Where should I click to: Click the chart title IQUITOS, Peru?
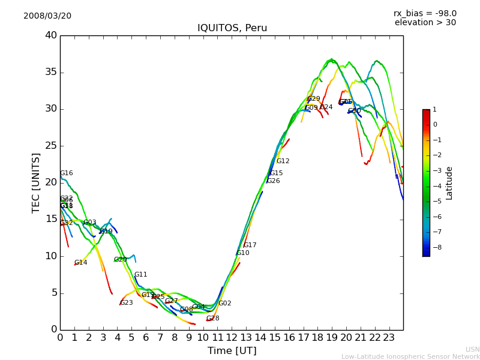[232, 28]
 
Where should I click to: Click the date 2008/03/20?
[47, 16]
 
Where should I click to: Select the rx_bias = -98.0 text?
[425, 13]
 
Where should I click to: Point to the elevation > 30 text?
[425, 23]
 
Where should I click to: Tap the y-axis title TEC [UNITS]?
[36, 182]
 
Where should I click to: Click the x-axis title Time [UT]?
[232, 350]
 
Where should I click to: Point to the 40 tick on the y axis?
[51, 35]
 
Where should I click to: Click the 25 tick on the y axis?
[51, 146]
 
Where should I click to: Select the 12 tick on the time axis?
[232, 337]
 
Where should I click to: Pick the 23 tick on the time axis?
[389, 337]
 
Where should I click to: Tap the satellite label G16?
[66, 173]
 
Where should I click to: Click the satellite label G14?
[80, 263]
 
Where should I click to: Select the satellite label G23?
[127, 303]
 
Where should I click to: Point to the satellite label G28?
[212, 319]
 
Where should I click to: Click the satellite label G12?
[283, 161]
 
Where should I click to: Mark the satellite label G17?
[250, 245]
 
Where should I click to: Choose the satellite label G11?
[140, 275]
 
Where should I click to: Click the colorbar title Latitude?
[449, 183]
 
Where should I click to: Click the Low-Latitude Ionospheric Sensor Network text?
[410, 356]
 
